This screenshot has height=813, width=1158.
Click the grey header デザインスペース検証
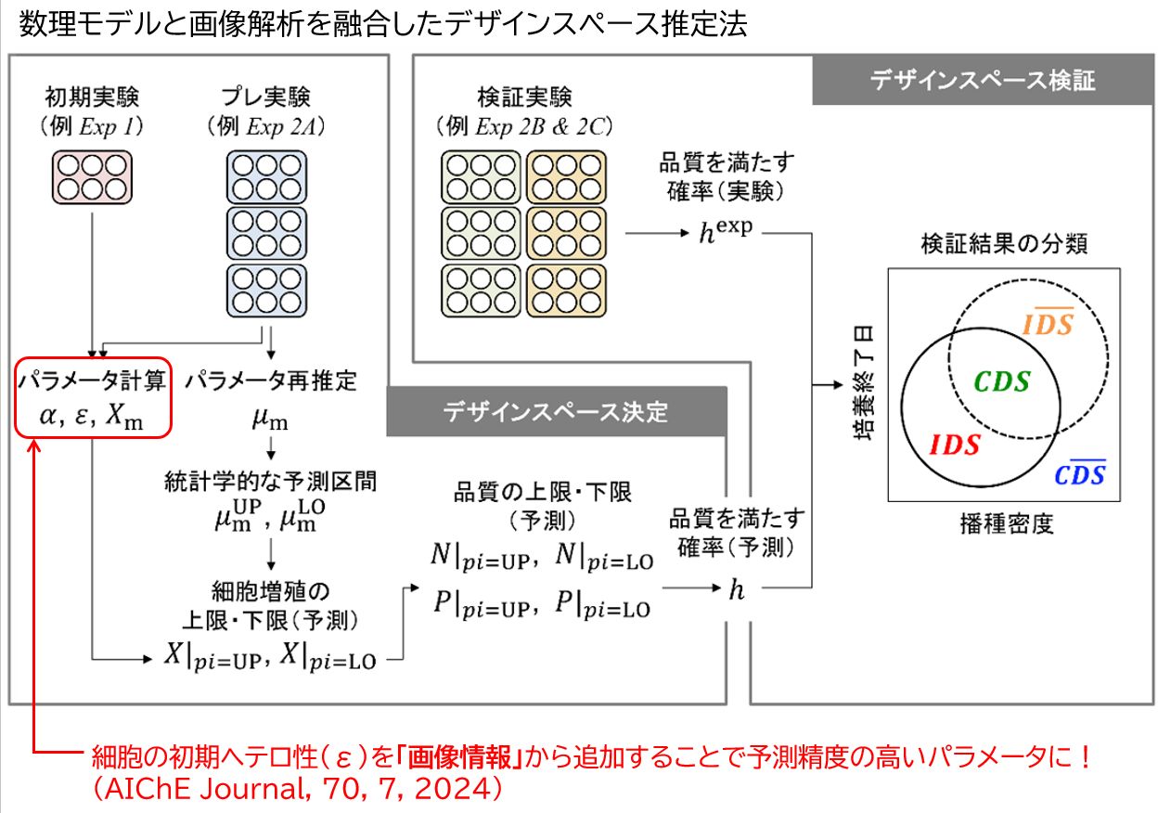pos(982,81)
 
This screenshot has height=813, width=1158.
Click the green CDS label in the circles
pos(1002,381)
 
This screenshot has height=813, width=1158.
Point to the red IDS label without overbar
pos(954,445)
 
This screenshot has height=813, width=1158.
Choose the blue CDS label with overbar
pos(1079,474)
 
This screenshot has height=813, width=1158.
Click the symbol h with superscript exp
pos(725,230)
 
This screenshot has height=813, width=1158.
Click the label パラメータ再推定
pos(271,380)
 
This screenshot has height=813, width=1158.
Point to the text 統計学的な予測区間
pos(271,481)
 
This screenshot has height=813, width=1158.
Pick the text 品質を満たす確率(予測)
pos(737,533)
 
